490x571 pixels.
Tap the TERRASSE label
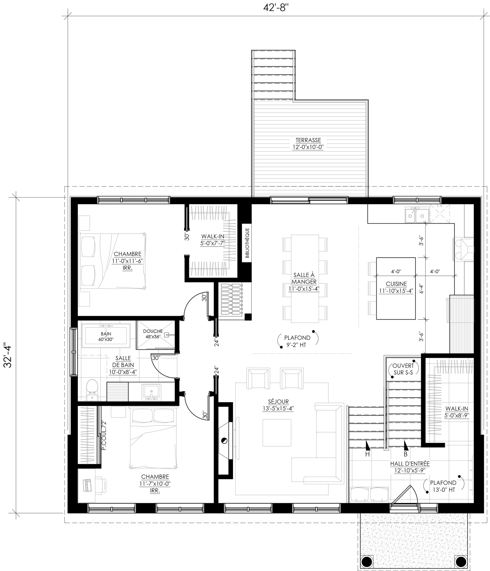pos(308,140)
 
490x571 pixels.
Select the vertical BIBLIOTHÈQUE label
pos(247,242)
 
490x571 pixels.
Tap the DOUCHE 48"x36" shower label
pos(153,334)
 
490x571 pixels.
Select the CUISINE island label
pos(396,287)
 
